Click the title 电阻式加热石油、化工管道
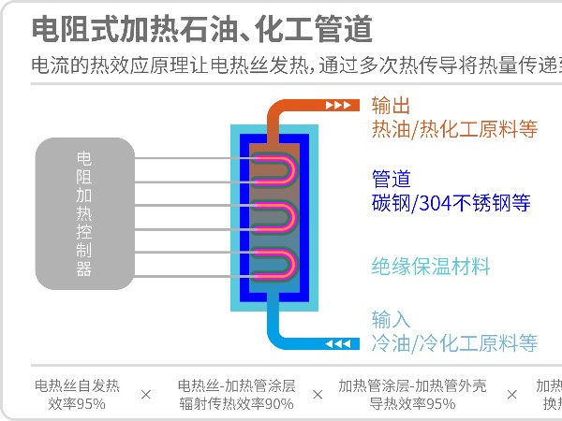pos(201,29)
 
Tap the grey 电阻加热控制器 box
pos(84,214)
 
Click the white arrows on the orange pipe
pos(339,105)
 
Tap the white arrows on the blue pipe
pos(338,343)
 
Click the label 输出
pos(391,105)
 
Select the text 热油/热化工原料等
pos(454,129)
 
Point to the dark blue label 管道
pos(391,178)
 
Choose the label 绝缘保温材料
pos(431,267)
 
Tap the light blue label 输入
pos(391,319)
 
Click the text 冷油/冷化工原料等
pos(454,342)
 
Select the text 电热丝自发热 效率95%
pos(77,394)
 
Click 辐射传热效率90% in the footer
pos(236,404)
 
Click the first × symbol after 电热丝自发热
pos(145,395)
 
